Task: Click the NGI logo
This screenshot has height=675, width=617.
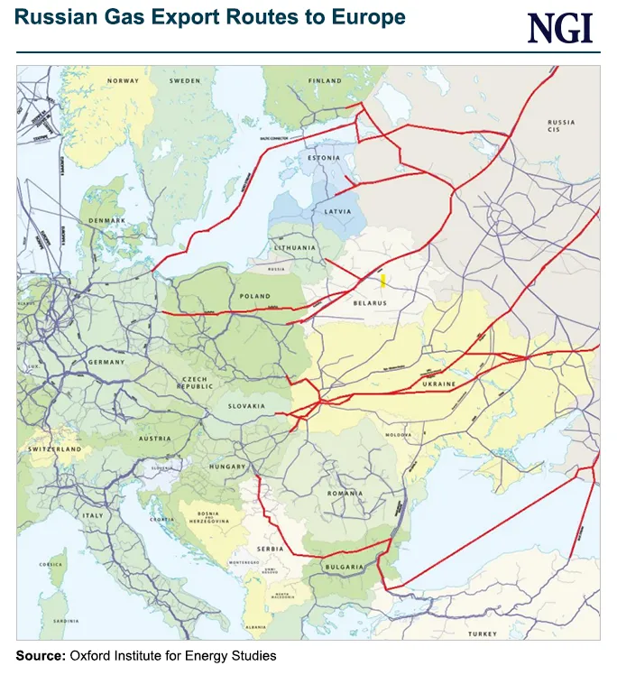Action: pyautogui.click(x=559, y=27)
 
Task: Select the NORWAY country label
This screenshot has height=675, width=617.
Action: pyautogui.click(x=123, y=81)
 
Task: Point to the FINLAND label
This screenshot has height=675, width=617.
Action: pyautogui.click(x=324, y=81)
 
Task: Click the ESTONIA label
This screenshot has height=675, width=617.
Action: pyautogui.click(x=322, y=158)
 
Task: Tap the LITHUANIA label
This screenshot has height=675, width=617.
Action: pyautogui.click(x=294, y=246)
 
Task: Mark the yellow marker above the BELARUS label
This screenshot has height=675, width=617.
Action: pyautogui.click(x=383, y=280)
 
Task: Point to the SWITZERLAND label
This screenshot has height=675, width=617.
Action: pyautogui.click(x=54, y=448)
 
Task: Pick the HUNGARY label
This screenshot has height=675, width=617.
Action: pyautogui.click(x=226, y=467)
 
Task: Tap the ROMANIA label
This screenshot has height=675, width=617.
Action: pyautogui.click(x=345, y=494)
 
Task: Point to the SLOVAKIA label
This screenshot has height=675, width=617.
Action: pyautogui.click(x=246, y=406)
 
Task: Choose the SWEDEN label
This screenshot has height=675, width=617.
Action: pyautogui.click(x=185, y=81)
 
